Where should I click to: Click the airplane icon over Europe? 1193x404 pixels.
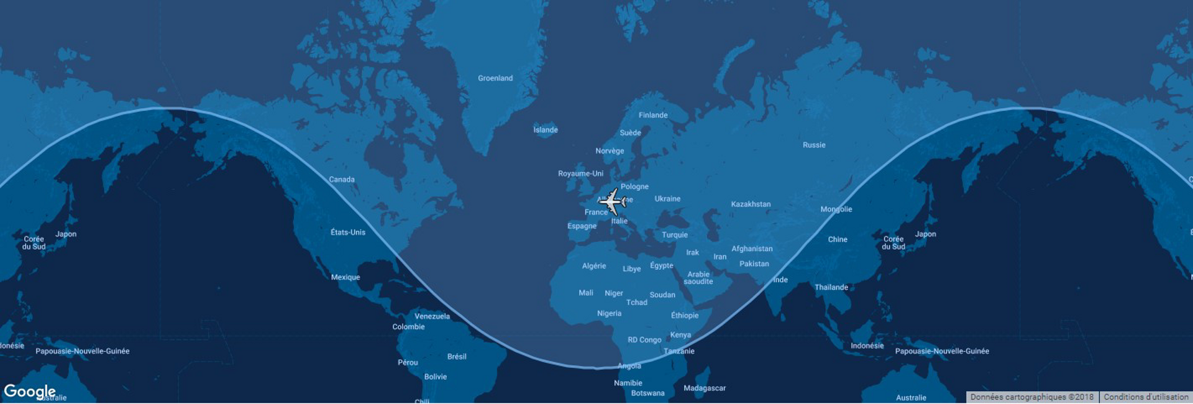click(x=613, y=201)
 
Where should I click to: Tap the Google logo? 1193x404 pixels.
click(x=29, y=391)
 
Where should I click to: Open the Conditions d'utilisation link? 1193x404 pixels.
click(x=1146, y=397)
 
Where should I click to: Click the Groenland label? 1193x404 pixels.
click(x=495, y=78)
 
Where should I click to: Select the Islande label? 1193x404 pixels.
click(x=546, y=130)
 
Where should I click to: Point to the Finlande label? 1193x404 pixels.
click(x=653, y=115)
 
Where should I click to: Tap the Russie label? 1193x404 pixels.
click(x=814, y=145)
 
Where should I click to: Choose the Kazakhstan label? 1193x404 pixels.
click(x=751, y=204)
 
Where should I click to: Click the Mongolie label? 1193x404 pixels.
click(x=836, y=209)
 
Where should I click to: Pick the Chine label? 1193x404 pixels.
click(x=838, y=239)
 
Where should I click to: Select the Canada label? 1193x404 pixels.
click(x=342, y=180)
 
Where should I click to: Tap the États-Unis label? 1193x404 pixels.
click(x=348, y=232)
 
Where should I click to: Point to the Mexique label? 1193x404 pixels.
click(x=345, y=277)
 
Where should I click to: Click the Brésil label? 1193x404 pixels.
click(x=457, y=357)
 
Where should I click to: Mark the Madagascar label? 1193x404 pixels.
click(x=705, y=388)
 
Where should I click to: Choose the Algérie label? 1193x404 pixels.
click(x=594, y=266)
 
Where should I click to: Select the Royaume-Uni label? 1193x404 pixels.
click(x=580, y=173)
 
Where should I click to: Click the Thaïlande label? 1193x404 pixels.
click(x=831, y=287)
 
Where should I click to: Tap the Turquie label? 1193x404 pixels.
click(x=675, y=235)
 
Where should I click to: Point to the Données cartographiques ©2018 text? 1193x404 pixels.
click(x=1032, y=397)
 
